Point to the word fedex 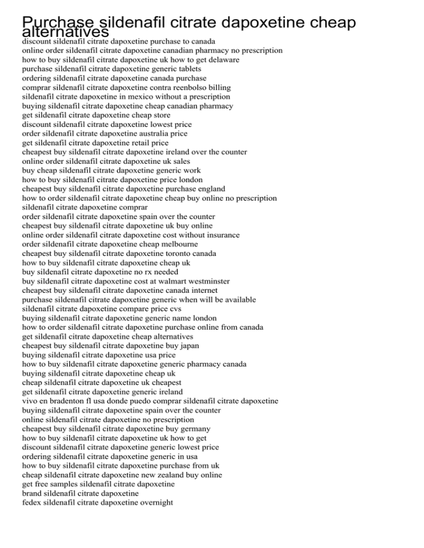32,502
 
